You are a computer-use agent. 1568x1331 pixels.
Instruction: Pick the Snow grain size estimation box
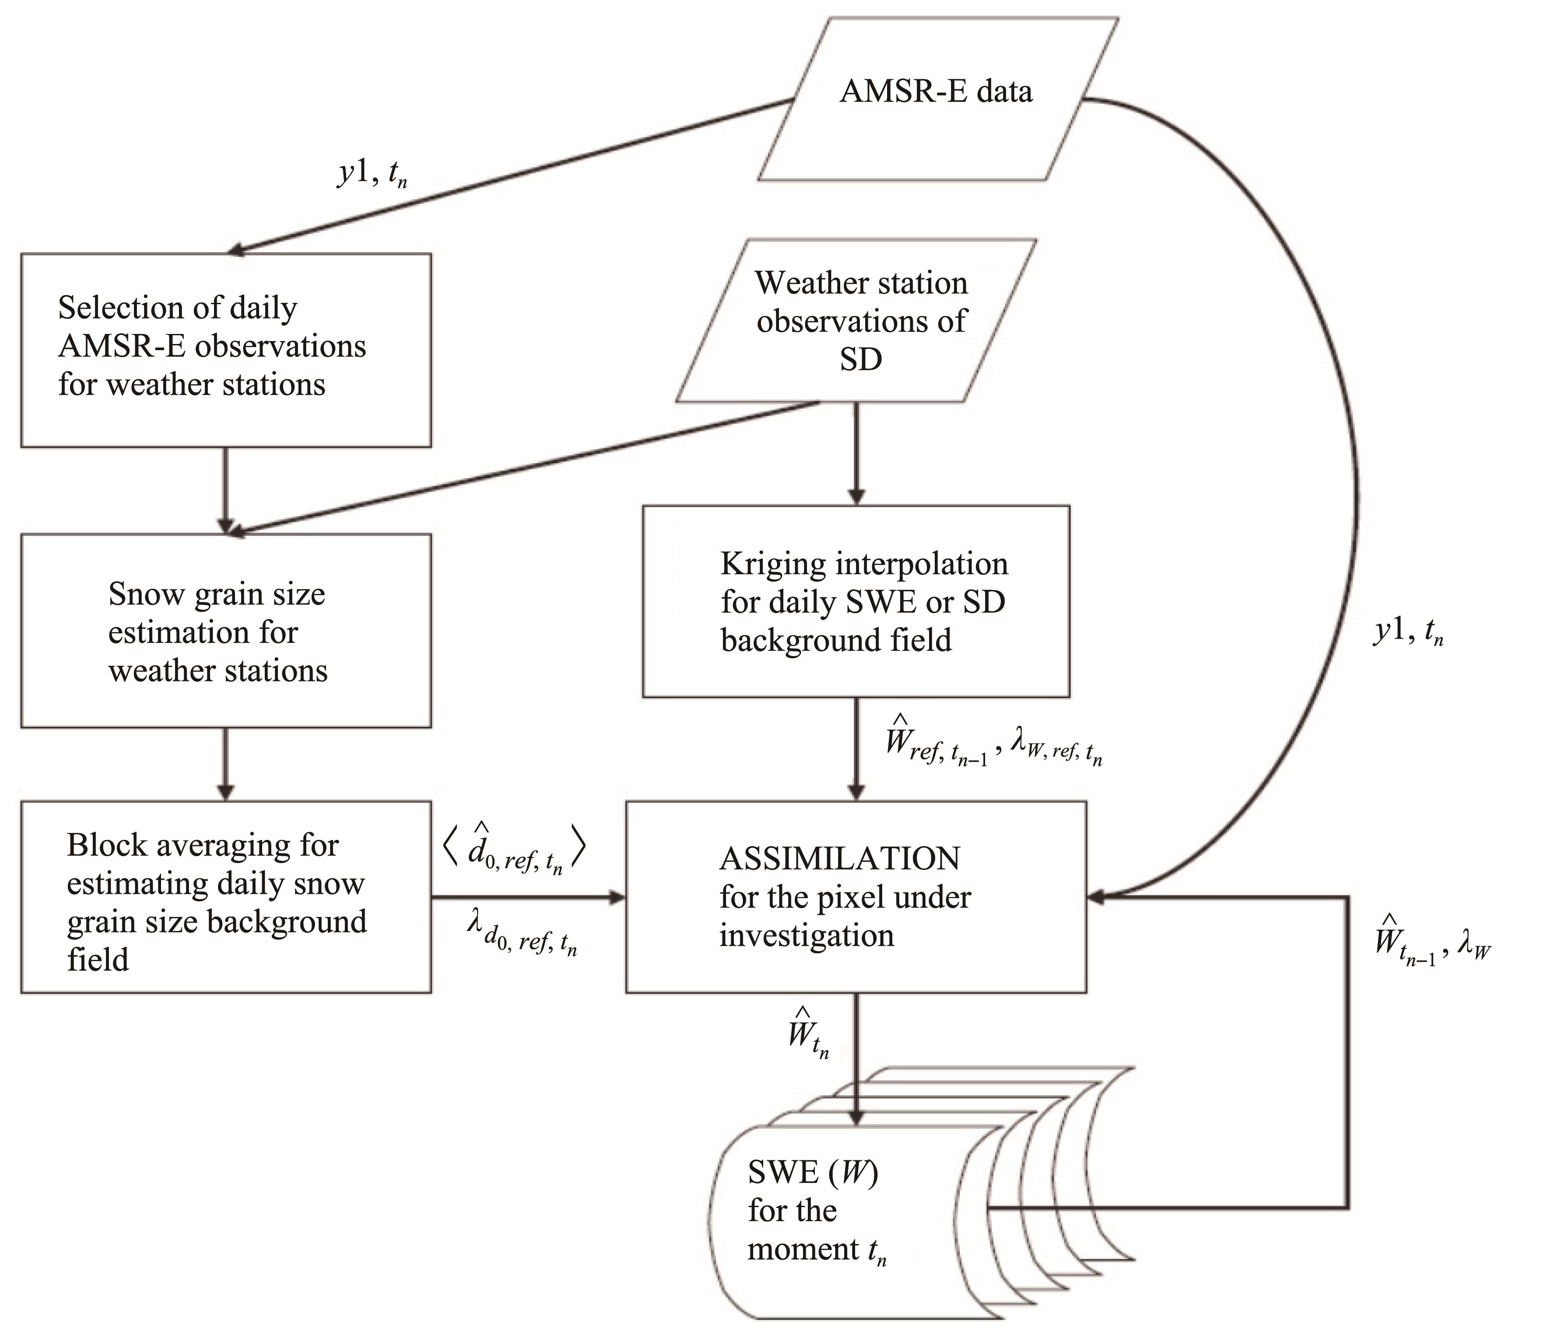[x=226, y=631]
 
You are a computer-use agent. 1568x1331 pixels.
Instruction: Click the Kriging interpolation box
[x=856, y=601]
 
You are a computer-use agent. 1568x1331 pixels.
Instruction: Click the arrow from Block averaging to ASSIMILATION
[x=528, y=897]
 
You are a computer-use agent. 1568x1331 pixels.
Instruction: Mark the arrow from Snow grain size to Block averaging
[x=226, y=764]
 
